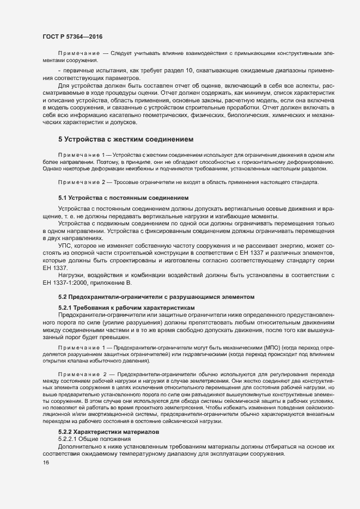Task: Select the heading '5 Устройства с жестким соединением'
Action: click(125, 140)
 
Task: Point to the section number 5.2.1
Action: click(68, 308)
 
